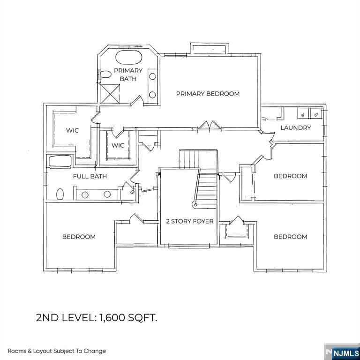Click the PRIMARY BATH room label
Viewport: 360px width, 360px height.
(x=128, y=75)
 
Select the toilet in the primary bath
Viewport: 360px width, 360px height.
(x=106, y=73)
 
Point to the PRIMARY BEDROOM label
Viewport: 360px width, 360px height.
(x=208, y=93)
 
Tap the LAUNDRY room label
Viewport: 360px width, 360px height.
(x=295, y=127)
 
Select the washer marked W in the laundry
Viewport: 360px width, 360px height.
(x=303, y=114)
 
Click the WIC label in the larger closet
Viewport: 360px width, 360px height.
(x=72, y=131)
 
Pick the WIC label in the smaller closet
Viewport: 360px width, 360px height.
(x=118, y=145)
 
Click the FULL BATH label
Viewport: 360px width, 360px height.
(x=90, y=176)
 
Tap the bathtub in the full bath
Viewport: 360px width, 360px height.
(x=60, y=161)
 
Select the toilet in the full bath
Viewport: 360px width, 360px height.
(x=60, y=194)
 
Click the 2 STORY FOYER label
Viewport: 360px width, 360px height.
(x=189, y=221)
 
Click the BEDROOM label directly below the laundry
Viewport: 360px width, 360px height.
(x=290, y=176)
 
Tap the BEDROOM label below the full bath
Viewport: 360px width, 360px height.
(x=79, y=237)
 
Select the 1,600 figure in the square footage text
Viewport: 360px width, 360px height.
(x=113, y=318)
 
